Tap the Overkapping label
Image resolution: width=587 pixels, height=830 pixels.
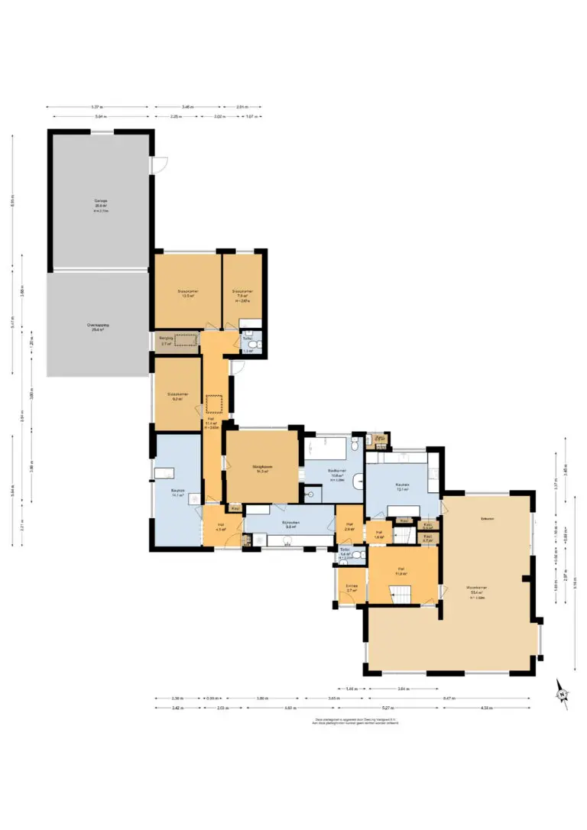coord(98,327)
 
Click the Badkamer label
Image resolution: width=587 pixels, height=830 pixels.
coord(337,472)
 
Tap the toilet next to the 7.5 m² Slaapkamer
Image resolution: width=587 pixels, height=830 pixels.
coord(255,346)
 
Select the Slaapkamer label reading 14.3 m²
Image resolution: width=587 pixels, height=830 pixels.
coord(263,468)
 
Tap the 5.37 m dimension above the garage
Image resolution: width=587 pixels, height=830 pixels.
coord(96,107)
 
